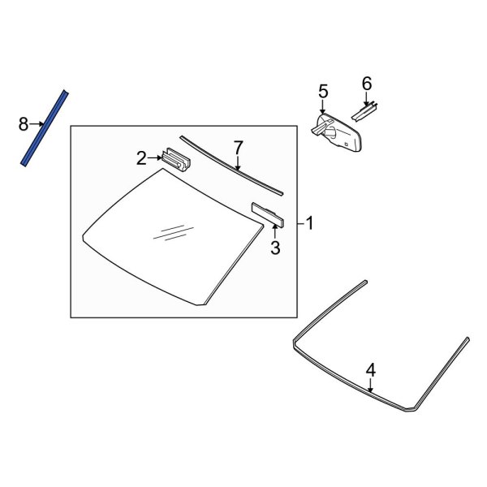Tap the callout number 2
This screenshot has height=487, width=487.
(x=141, y=157)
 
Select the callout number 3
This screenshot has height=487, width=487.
(x=275, y=248)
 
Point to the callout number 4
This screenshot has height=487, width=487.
(x=371, y=369)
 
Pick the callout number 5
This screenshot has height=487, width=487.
(x=322, y=91)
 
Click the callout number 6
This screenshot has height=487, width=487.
(x=366, y=83)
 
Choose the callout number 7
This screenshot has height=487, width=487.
(x=238, y=147)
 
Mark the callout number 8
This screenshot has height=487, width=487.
(x=24, y=123)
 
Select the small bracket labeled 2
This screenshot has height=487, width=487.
(x=177, y=159)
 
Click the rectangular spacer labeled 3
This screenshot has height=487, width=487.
(x=269, y=213)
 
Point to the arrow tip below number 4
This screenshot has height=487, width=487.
(x=371, y=390)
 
